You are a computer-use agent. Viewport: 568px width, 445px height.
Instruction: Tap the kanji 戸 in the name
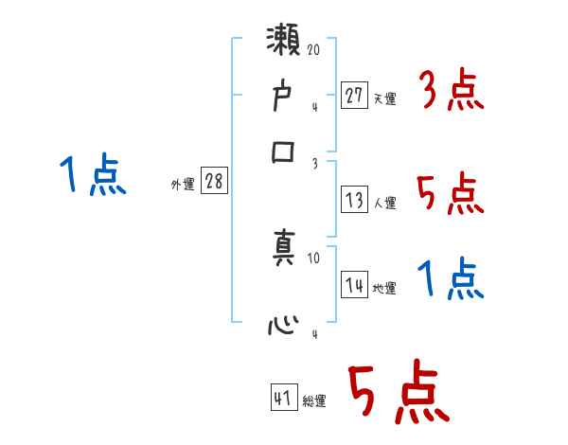click(x=284, y=97)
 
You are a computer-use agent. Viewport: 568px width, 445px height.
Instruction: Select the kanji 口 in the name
click(x=284, y=152)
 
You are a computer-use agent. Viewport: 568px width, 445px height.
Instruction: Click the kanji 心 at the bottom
click(x=284, y=328)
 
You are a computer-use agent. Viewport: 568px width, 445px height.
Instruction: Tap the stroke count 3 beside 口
click(x=315, y=162)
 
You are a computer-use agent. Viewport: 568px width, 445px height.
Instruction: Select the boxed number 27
click(x=354, y=96)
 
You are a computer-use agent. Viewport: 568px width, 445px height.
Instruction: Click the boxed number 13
click(x=354, y=199)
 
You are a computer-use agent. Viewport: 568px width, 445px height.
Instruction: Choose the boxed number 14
click(x=354, y=285)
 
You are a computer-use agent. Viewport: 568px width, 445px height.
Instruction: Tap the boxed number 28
click(x=215, y=182)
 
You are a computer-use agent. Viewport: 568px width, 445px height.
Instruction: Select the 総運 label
click(x=314, y=401)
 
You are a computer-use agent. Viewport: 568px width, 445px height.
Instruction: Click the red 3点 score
click(x=451, y=93)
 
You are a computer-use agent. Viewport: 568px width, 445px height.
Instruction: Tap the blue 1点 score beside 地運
click(x=451, y=280)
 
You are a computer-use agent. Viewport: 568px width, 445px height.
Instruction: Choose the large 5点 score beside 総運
click(x=398, y=392)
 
